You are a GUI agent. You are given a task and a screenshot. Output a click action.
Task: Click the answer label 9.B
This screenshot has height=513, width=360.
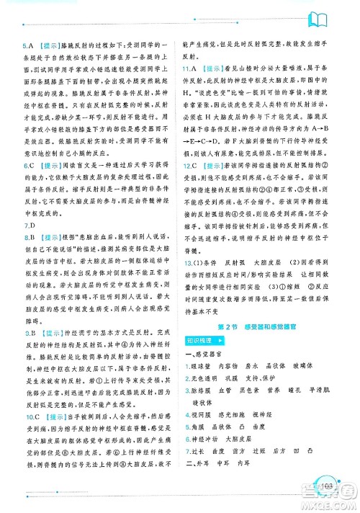[30, 334]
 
